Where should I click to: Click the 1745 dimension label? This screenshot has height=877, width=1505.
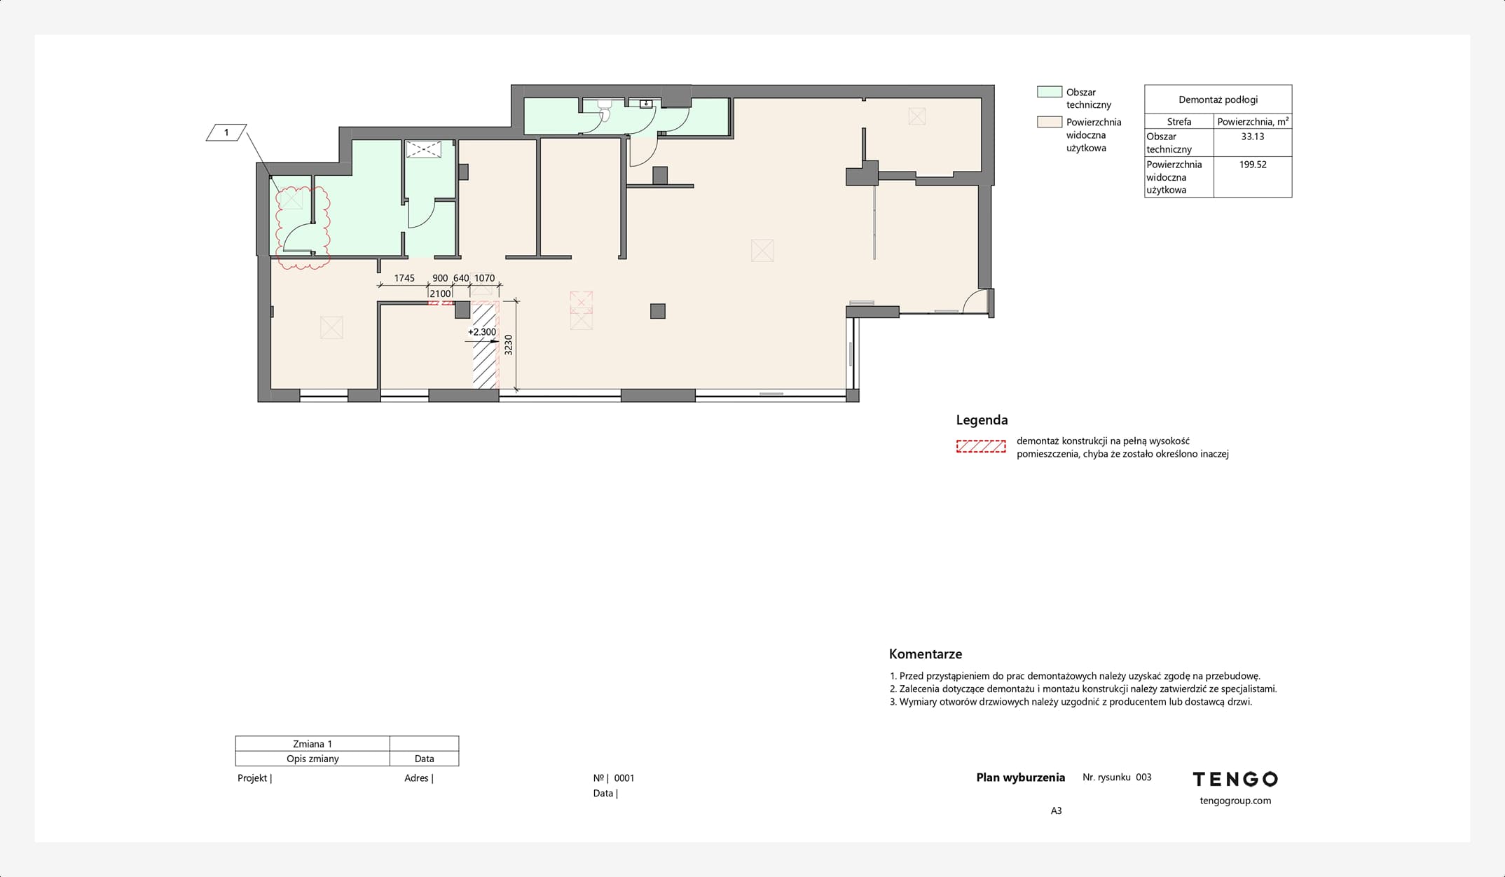[x=404, y=278]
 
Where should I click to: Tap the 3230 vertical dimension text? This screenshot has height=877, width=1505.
[x=509, y=345]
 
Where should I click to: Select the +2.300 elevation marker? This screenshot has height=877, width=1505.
[x=482, y=332]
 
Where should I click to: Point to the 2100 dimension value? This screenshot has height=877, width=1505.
[x=440, y=294]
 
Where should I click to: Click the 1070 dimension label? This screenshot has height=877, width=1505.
[x=484, y=278]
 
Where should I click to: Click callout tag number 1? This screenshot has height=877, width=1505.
[x=226, y=132]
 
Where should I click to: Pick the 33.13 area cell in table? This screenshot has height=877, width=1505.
[x=1253, y=137]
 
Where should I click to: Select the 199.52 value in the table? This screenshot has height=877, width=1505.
[x=1253, y=165]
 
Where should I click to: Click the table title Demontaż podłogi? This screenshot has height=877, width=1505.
[x=1218, y=99]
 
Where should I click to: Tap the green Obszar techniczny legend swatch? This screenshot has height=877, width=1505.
[x=1050, y=92]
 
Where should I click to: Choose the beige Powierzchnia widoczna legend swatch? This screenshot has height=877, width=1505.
[x=1050, y=122]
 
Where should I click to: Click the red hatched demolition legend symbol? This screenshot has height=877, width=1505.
[x=981, y=447]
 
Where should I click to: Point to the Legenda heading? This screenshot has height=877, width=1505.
[x=982, y=420]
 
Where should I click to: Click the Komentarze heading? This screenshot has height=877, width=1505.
[x=926, y=654]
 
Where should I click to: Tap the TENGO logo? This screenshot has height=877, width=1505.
[x=1235, y=779]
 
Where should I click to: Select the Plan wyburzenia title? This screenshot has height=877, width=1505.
[x=1020, y=778]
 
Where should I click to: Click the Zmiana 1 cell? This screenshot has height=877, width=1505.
[x=312, y=744]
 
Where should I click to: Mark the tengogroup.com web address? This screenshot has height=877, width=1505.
[x=1235, y=801]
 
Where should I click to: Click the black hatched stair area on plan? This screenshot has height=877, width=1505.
[x=484, y=345]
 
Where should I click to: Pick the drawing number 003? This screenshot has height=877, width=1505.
[x=1143, y=778]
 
